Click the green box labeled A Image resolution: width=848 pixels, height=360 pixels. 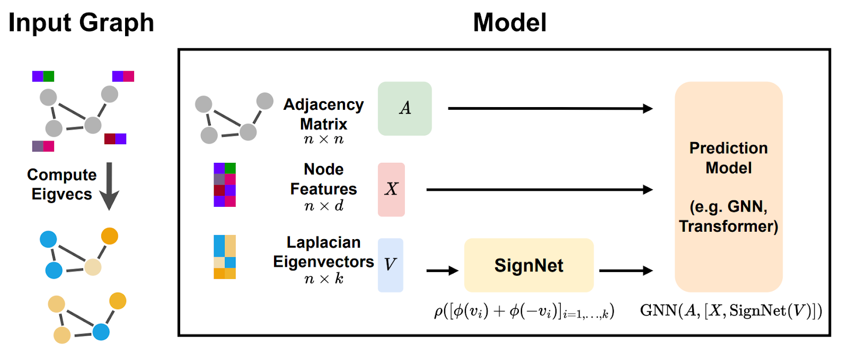point(405,109)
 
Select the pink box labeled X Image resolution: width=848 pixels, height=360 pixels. point(392,190)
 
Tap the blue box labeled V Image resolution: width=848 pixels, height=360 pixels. point(391,265)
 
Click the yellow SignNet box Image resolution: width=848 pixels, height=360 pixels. point(529,265)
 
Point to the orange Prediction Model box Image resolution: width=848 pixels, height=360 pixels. point(729,187)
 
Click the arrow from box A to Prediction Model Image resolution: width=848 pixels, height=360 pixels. point(551,109)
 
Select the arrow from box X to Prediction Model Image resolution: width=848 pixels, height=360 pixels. point(540,190)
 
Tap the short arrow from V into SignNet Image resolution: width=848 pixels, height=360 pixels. point(443,270)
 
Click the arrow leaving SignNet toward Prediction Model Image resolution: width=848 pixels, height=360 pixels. point(626,270)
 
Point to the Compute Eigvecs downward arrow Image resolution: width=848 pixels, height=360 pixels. point(109,186)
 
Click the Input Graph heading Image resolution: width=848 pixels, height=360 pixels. point(82,23)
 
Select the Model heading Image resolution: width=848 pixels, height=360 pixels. point(510,23)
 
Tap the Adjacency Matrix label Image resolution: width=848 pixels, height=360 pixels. point(324,114)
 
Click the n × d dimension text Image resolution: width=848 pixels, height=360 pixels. point(324,206)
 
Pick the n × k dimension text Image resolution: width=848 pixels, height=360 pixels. point(324,279)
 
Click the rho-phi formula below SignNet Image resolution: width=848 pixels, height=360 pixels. point(524,312)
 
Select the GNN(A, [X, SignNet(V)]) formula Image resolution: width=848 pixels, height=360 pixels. point(731,311)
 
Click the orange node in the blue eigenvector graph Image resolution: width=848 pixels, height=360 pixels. point(110,236)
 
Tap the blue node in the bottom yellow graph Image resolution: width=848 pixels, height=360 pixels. point(101,332)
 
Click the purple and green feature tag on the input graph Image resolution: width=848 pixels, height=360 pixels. point(43,76)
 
